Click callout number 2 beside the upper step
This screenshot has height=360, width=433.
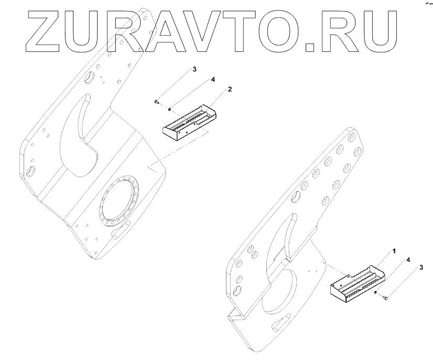tap(230, 90)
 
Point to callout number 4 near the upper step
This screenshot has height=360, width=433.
tap(213, 80)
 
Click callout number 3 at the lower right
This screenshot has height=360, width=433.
tap(420, 268)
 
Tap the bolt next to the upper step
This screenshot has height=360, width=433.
tap(157, 101)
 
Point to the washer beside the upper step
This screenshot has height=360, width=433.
tap(169, 109)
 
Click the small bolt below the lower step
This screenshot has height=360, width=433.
tap(386, 299)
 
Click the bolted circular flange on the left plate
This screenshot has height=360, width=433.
tap(120, 201)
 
